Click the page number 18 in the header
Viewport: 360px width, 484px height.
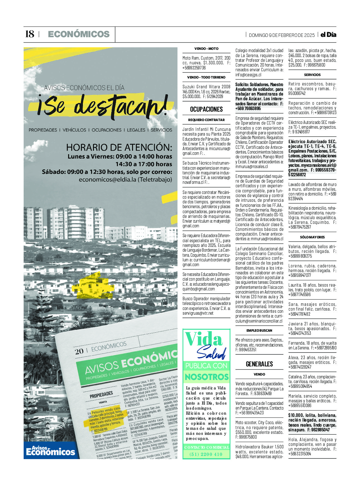(30, 34)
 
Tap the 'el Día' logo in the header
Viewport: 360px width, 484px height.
(328, 35)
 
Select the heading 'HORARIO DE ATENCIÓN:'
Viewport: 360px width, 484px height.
(119, 148)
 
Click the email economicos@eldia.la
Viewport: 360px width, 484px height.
(107, 179)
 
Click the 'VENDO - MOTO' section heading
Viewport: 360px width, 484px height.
(206, 49)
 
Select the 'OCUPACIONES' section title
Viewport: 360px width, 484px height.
(206, 109)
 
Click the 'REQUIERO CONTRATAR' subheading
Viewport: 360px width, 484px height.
(206, 120)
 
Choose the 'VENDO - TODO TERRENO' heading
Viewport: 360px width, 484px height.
(206, 77)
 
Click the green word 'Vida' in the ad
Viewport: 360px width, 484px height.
(204, 339)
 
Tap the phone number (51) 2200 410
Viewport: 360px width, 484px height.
(206, 454)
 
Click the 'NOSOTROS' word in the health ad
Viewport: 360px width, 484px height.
(206, 377)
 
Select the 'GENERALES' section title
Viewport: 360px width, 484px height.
(259, 364)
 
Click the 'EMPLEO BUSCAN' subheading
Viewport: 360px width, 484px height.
(259, 330)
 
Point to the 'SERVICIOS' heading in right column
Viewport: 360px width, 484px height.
(312, 75)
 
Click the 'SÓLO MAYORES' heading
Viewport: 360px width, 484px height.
(312, 237)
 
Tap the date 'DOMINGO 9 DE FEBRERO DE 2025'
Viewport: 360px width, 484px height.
(282, 35)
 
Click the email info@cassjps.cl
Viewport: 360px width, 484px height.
(248, 75)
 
